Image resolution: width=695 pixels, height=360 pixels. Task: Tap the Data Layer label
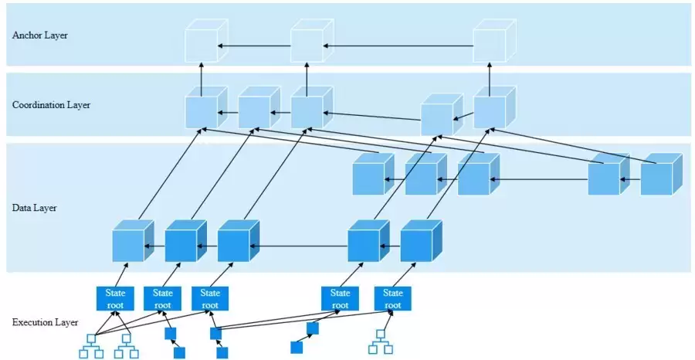click(x=35, y=208)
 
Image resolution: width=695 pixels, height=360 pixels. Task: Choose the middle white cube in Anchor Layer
click(x=307, y=46)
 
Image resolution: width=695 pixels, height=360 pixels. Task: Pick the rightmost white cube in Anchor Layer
click(x=489, y=46)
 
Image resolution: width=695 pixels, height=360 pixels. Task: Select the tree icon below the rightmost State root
click(x=378, y=341)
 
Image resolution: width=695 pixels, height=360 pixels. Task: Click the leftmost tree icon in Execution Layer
click(x=91, y=345)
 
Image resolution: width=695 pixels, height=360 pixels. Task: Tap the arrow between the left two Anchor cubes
click(x=254, y=46)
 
